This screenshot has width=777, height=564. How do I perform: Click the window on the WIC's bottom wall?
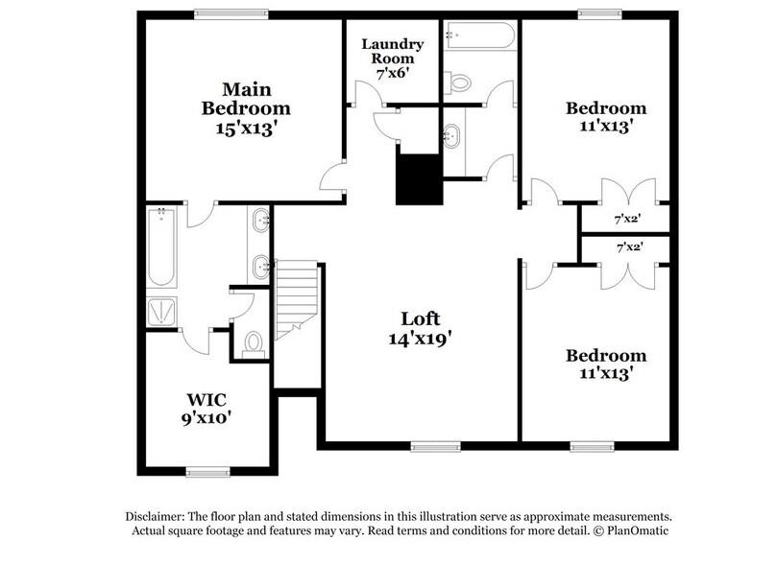click(x=209, y=471)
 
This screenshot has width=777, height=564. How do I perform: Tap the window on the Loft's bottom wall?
click(x=435, y=445)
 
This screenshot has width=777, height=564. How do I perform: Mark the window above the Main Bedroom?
click(x=231, y=12)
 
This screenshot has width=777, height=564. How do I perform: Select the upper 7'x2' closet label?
click(x=627, y=220)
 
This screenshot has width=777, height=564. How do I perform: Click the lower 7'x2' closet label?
click(x=627, y=247)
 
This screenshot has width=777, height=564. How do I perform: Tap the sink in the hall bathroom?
click(x=451, y=136)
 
